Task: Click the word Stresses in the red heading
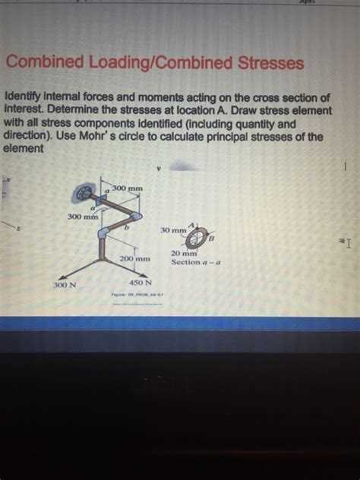263,63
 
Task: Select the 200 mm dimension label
135,258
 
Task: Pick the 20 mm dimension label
185,254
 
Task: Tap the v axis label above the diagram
159,169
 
